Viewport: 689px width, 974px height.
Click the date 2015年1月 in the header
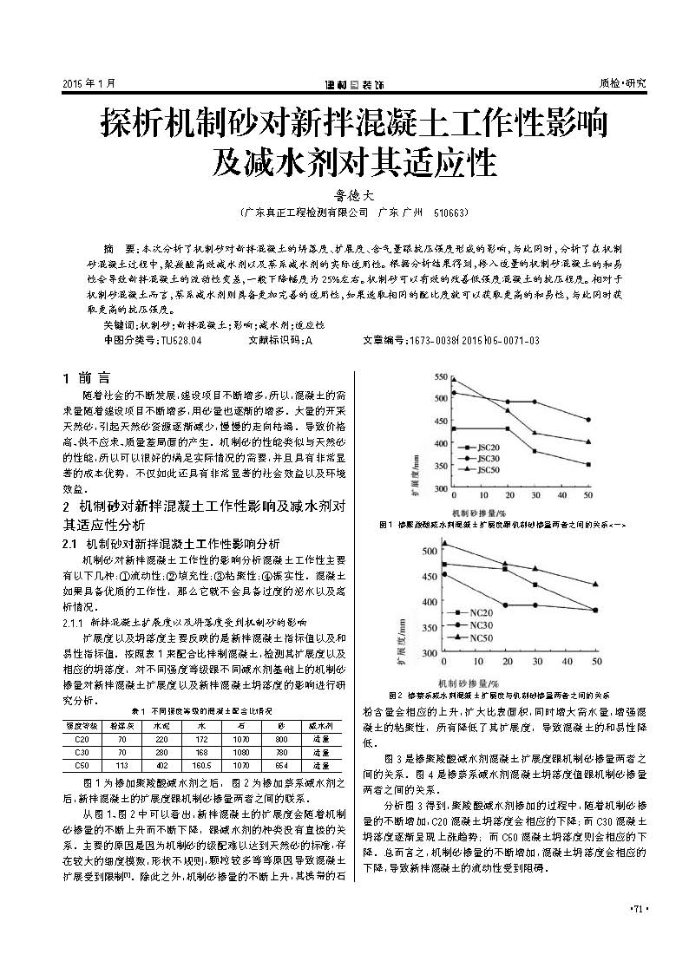coord(89,83)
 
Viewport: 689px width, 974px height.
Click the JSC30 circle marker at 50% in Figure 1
coord(587,420)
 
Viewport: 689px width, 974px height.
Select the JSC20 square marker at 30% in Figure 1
coord(535,451)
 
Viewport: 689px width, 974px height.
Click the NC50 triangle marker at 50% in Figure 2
coord(594,585)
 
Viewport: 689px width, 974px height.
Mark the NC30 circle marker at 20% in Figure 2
coord(505,605)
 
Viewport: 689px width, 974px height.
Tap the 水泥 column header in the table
coord(161,723)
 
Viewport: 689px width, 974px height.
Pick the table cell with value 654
coord(280,766)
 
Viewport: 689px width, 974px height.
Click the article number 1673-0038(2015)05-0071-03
coord(474,341)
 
